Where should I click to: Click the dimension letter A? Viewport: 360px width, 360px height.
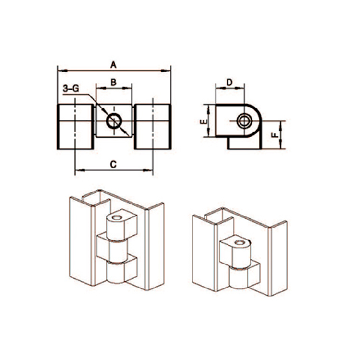pyautogui.click(x=114, y=64)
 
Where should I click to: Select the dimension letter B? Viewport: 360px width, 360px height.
pyautogui.click(x=113, y=82)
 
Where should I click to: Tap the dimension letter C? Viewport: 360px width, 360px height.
pyautogui.click(x=113, y=164)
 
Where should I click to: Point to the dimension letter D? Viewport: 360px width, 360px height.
pyautogui.click(x=229, y=82)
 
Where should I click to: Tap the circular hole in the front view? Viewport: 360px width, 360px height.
pyautogui.click(x=114, y=121)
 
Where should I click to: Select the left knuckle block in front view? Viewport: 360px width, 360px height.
pyautogui.click(x=75, y=127)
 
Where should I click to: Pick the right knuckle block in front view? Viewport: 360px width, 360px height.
pyautogui.click(x=153, y=127)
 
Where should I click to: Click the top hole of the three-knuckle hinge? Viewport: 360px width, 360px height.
pyautogui.click(x=115, y=217)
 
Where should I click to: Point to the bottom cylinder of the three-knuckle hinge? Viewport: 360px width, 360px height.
pyautogui.click(x=117, y=274)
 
